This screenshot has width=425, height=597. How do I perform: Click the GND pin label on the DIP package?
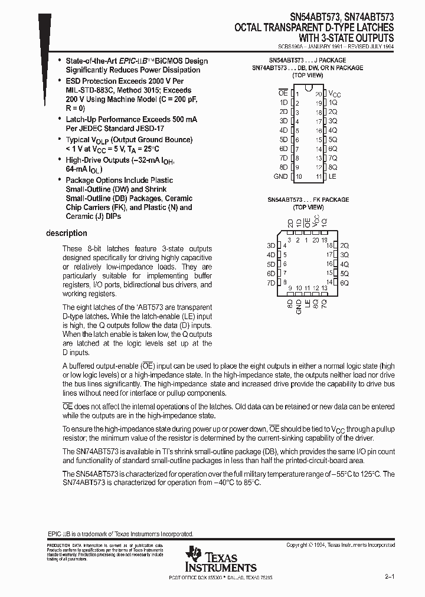tap(280, 176)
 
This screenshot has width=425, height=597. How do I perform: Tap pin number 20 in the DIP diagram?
tap(318, 94)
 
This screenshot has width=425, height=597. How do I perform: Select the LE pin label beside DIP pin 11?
tap(332, 176)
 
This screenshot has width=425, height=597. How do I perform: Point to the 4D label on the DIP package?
tap(283, 130)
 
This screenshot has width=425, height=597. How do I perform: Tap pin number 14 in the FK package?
tap(330, 283)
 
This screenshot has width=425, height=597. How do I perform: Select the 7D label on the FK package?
tap(271, 283)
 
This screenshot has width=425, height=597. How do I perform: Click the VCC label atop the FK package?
tap(316, 222)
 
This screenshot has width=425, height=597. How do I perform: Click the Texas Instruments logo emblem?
tap(194, 555)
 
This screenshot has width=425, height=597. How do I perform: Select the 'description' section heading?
tap(67, 233)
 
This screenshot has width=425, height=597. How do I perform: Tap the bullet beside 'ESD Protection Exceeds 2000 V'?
tap(60, 81)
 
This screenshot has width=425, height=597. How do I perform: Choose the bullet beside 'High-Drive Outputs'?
tap(60, 160)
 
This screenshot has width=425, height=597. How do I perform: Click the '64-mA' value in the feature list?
tap(77, 169)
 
